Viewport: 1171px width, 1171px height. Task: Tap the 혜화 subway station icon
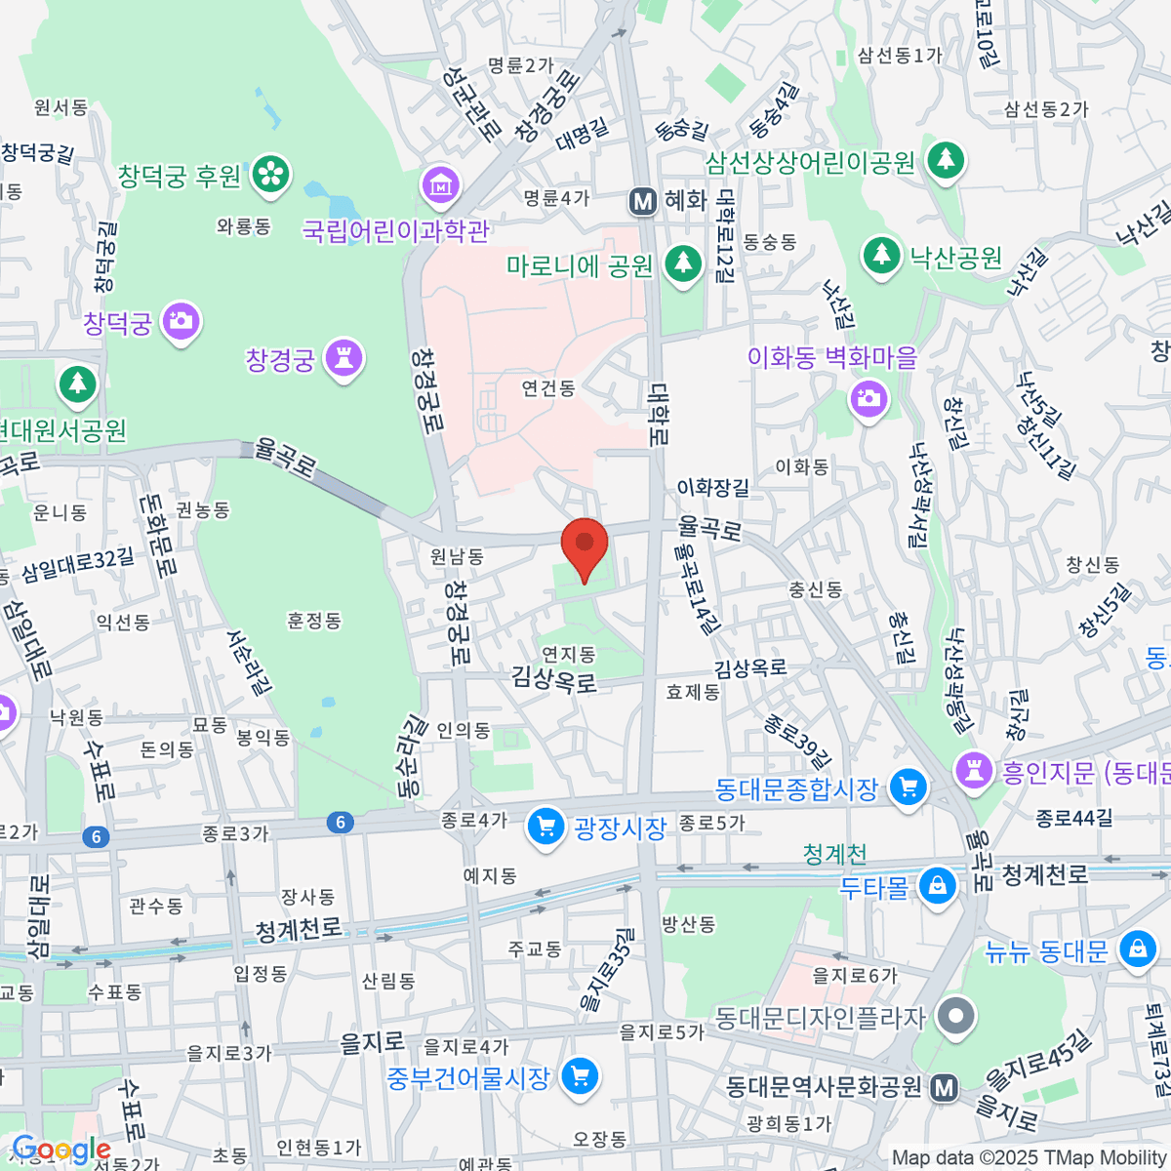click(x=643, y=201)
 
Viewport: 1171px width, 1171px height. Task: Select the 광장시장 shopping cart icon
click(x=545, y=828)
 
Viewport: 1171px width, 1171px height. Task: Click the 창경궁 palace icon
click(x=343, y=358)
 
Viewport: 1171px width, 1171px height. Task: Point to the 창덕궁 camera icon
click(x=181, y=321)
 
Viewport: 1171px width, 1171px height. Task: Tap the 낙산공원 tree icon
click(x=881, y=256)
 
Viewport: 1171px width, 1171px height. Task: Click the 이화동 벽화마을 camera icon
click(x=868, y=398)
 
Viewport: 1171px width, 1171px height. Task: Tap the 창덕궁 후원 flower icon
click(x=270, y=175)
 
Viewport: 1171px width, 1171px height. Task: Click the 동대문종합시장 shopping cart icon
click(x=909, y=787)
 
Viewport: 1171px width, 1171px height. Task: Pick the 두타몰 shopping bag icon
click(x=938, y=886)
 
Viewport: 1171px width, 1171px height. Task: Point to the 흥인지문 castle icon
click(x=974, y=771)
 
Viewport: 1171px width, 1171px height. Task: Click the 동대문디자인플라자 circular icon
click(x=955, y=1017)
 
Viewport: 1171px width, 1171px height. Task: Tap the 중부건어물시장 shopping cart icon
click(x=581, y=1076)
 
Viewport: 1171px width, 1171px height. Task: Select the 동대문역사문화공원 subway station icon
click(x=944, y=1087)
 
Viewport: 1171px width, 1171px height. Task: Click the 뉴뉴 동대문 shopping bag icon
click(x=1137, y=949)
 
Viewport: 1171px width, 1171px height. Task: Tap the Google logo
click(x=61, y=1151)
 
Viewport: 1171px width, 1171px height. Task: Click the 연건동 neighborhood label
click(x=548, y=388)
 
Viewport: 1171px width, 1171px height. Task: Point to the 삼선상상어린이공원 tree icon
click(x=945, y=159)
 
